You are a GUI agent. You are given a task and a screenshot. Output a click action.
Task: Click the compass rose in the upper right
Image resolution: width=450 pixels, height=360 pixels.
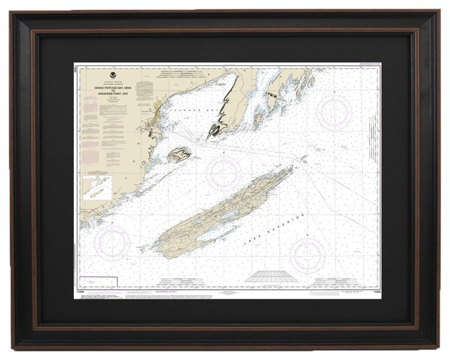pos(334,112)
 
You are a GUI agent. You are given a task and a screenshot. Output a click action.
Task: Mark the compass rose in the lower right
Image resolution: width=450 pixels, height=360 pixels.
pos(307,255)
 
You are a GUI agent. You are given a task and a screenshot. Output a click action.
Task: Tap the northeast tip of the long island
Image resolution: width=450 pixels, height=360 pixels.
pos(292,167)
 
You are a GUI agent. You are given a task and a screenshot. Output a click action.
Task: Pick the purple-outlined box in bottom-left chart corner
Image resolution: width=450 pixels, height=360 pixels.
pos(98,283)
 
